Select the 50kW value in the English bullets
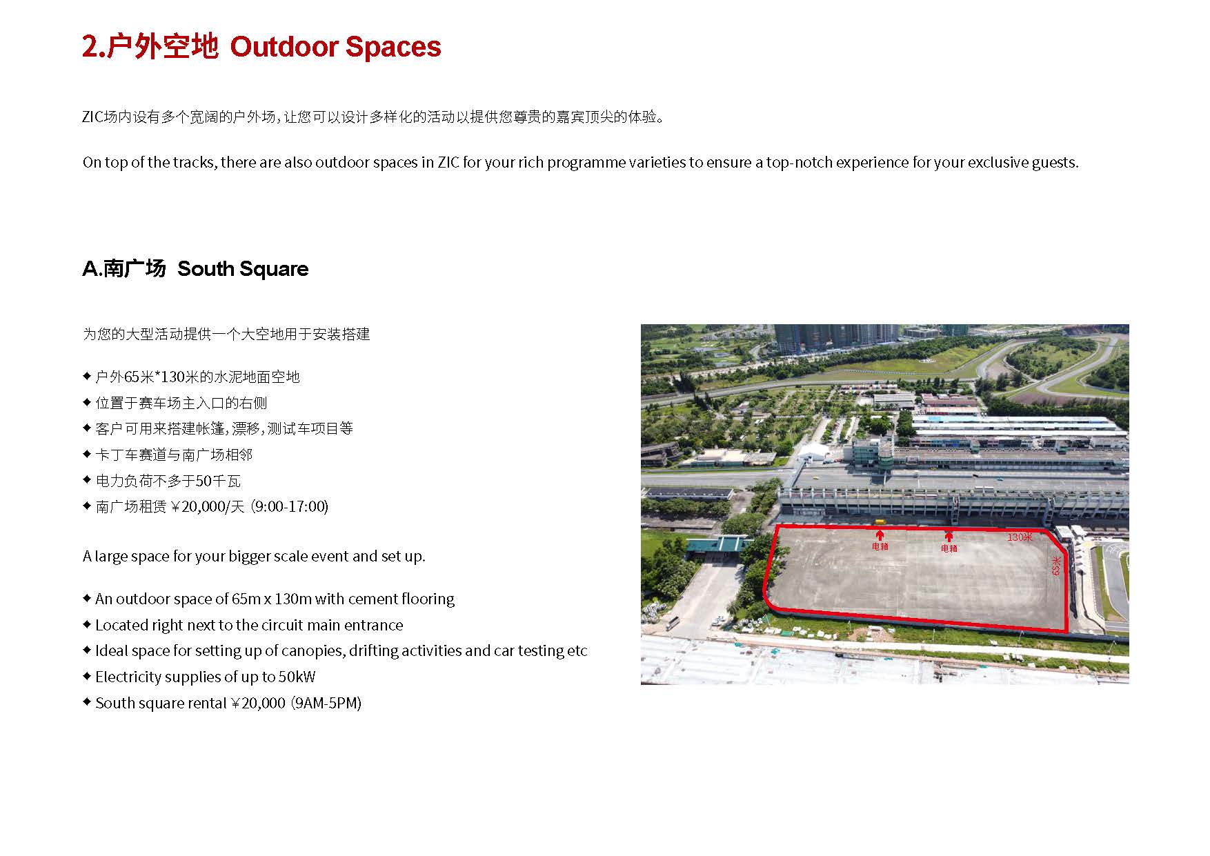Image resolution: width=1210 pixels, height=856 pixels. tap(297, 677)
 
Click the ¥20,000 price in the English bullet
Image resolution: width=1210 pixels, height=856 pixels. tap(258, 703)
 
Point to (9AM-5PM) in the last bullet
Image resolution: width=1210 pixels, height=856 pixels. tap(326, 703)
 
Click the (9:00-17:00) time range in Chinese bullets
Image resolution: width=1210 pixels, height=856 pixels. tap(289, 506)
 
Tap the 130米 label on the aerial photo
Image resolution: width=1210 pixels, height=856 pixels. tap(1020, 537)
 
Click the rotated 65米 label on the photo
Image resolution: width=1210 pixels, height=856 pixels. tap(1055, 566)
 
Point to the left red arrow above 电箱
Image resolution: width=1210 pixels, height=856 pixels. tap(880, 535)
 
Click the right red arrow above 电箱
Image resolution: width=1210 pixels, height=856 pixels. tap(949, 536)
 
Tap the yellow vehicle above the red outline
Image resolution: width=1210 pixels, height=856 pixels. tap(880, 522)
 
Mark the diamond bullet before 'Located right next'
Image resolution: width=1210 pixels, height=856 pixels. tap(87, 624)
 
